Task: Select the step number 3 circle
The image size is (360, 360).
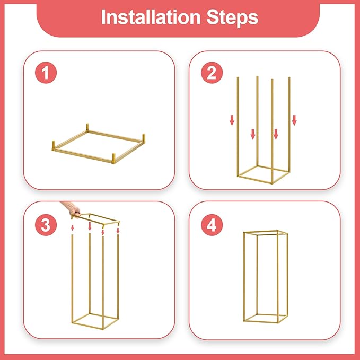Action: pyautogui.click(x=47, y=225)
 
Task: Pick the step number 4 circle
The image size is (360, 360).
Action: pyautogui.click(x=212, y=225)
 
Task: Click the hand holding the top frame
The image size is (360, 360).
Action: pyautogui.click(x=71, y=208)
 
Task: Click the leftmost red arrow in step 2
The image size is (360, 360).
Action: pyautogui.click(x=232, y=121)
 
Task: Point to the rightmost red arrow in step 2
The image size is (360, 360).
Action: pyautogui.click(x=294, y=120)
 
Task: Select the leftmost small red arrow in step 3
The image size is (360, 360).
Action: pyautogui.click(x=73, y=228)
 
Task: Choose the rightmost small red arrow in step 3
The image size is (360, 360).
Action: pyautogui.click(x=118, y=231)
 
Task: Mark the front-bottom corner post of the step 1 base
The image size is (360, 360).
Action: pyautogui.click(x=114, y=157)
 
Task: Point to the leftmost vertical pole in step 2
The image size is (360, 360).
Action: pyautogui.click(x=237, y=127)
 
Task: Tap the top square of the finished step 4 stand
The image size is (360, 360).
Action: pyautogui.click(x=266, y=233)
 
